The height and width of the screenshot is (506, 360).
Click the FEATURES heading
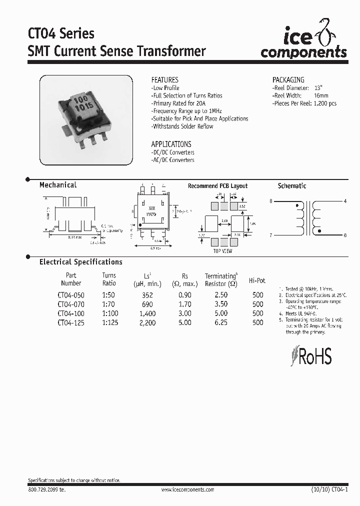coord(164,79)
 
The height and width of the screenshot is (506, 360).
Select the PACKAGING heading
coord(288,79)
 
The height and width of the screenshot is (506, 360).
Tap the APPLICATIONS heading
coord(171,143)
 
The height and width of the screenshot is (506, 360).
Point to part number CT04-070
coord(71,304)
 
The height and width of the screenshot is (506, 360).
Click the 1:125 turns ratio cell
coord(109,323)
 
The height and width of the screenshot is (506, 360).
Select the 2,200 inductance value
coord(147,323)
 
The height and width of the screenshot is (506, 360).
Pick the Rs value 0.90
coord(184,295)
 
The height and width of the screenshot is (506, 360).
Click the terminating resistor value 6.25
coord(220,323)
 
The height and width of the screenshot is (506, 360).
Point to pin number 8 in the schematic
coord(271,201)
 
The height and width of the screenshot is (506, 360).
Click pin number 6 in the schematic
coord(345,234)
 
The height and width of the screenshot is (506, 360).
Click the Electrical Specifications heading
coord(80,262)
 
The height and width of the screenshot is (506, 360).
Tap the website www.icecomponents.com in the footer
coord(187,490)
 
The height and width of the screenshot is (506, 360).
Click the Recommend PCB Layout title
coord(217,186)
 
